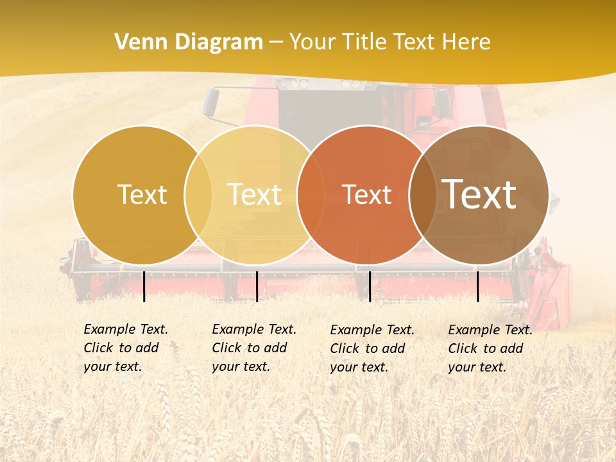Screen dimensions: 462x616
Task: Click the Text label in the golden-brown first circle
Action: [142, 194]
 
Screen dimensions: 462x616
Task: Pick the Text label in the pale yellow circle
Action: [254, 194]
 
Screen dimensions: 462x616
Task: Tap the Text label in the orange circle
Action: [366, 194]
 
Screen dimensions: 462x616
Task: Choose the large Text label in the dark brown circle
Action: [479, 194]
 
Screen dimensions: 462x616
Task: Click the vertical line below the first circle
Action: [144, 286]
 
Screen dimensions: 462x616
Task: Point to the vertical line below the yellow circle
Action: [257, 286]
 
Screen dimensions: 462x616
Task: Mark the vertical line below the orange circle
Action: [370, 286]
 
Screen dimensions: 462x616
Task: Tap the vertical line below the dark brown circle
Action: [477, 286]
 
